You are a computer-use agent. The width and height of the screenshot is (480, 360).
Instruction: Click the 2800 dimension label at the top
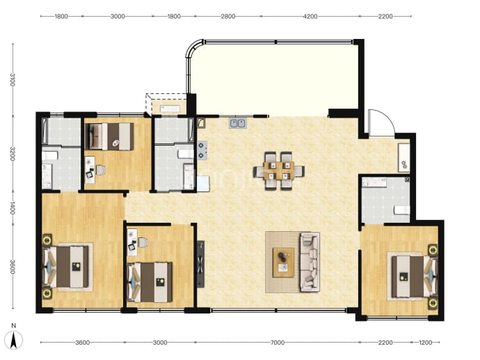228,16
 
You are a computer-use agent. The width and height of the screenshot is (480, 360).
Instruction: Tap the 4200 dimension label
310,16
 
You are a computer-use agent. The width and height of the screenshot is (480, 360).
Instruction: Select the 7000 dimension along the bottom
278,343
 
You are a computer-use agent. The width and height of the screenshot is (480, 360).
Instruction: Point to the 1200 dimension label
425,343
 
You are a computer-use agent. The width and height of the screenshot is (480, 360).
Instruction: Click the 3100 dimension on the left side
13,79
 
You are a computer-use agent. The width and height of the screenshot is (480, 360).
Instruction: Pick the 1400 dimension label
13,208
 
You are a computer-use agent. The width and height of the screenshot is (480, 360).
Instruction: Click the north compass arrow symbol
14,340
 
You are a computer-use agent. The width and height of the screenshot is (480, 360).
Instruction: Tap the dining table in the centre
278,171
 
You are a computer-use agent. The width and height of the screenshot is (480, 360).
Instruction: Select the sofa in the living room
310,262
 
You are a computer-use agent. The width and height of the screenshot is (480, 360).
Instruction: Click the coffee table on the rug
283,263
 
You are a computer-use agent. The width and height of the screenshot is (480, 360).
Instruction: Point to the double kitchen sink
238,123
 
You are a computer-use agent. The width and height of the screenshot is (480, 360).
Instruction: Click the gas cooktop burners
202,150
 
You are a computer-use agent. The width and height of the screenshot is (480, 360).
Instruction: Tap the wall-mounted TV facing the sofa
200,264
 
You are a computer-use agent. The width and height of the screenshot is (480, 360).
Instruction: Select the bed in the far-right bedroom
413,276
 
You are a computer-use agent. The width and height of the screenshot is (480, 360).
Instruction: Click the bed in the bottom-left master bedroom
68,267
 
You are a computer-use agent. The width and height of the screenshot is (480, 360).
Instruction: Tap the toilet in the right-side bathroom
401,210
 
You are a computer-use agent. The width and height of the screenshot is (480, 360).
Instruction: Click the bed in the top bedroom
110,136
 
